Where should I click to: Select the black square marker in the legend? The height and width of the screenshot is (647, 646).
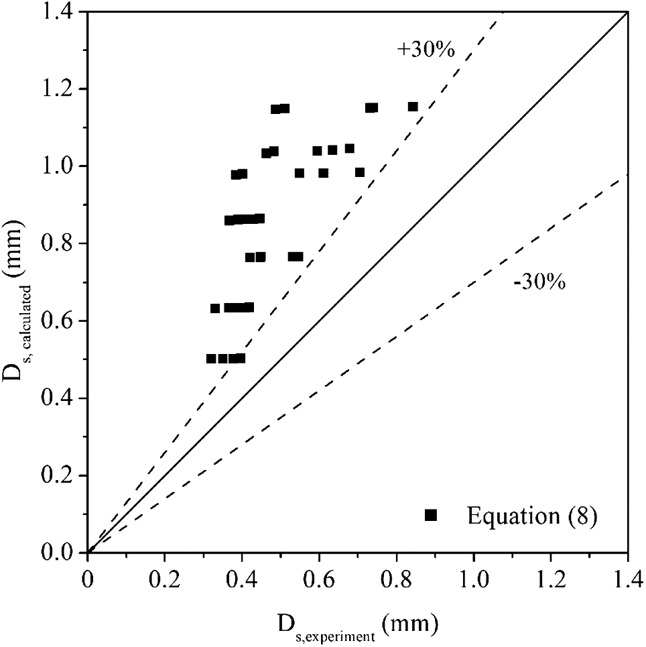coord(431,515)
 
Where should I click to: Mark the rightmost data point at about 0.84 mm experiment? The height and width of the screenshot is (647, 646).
coord(413,107)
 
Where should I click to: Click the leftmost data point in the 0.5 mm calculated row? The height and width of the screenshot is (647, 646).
coord(211,359)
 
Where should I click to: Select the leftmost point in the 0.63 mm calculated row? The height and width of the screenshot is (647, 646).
coord(215,308)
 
